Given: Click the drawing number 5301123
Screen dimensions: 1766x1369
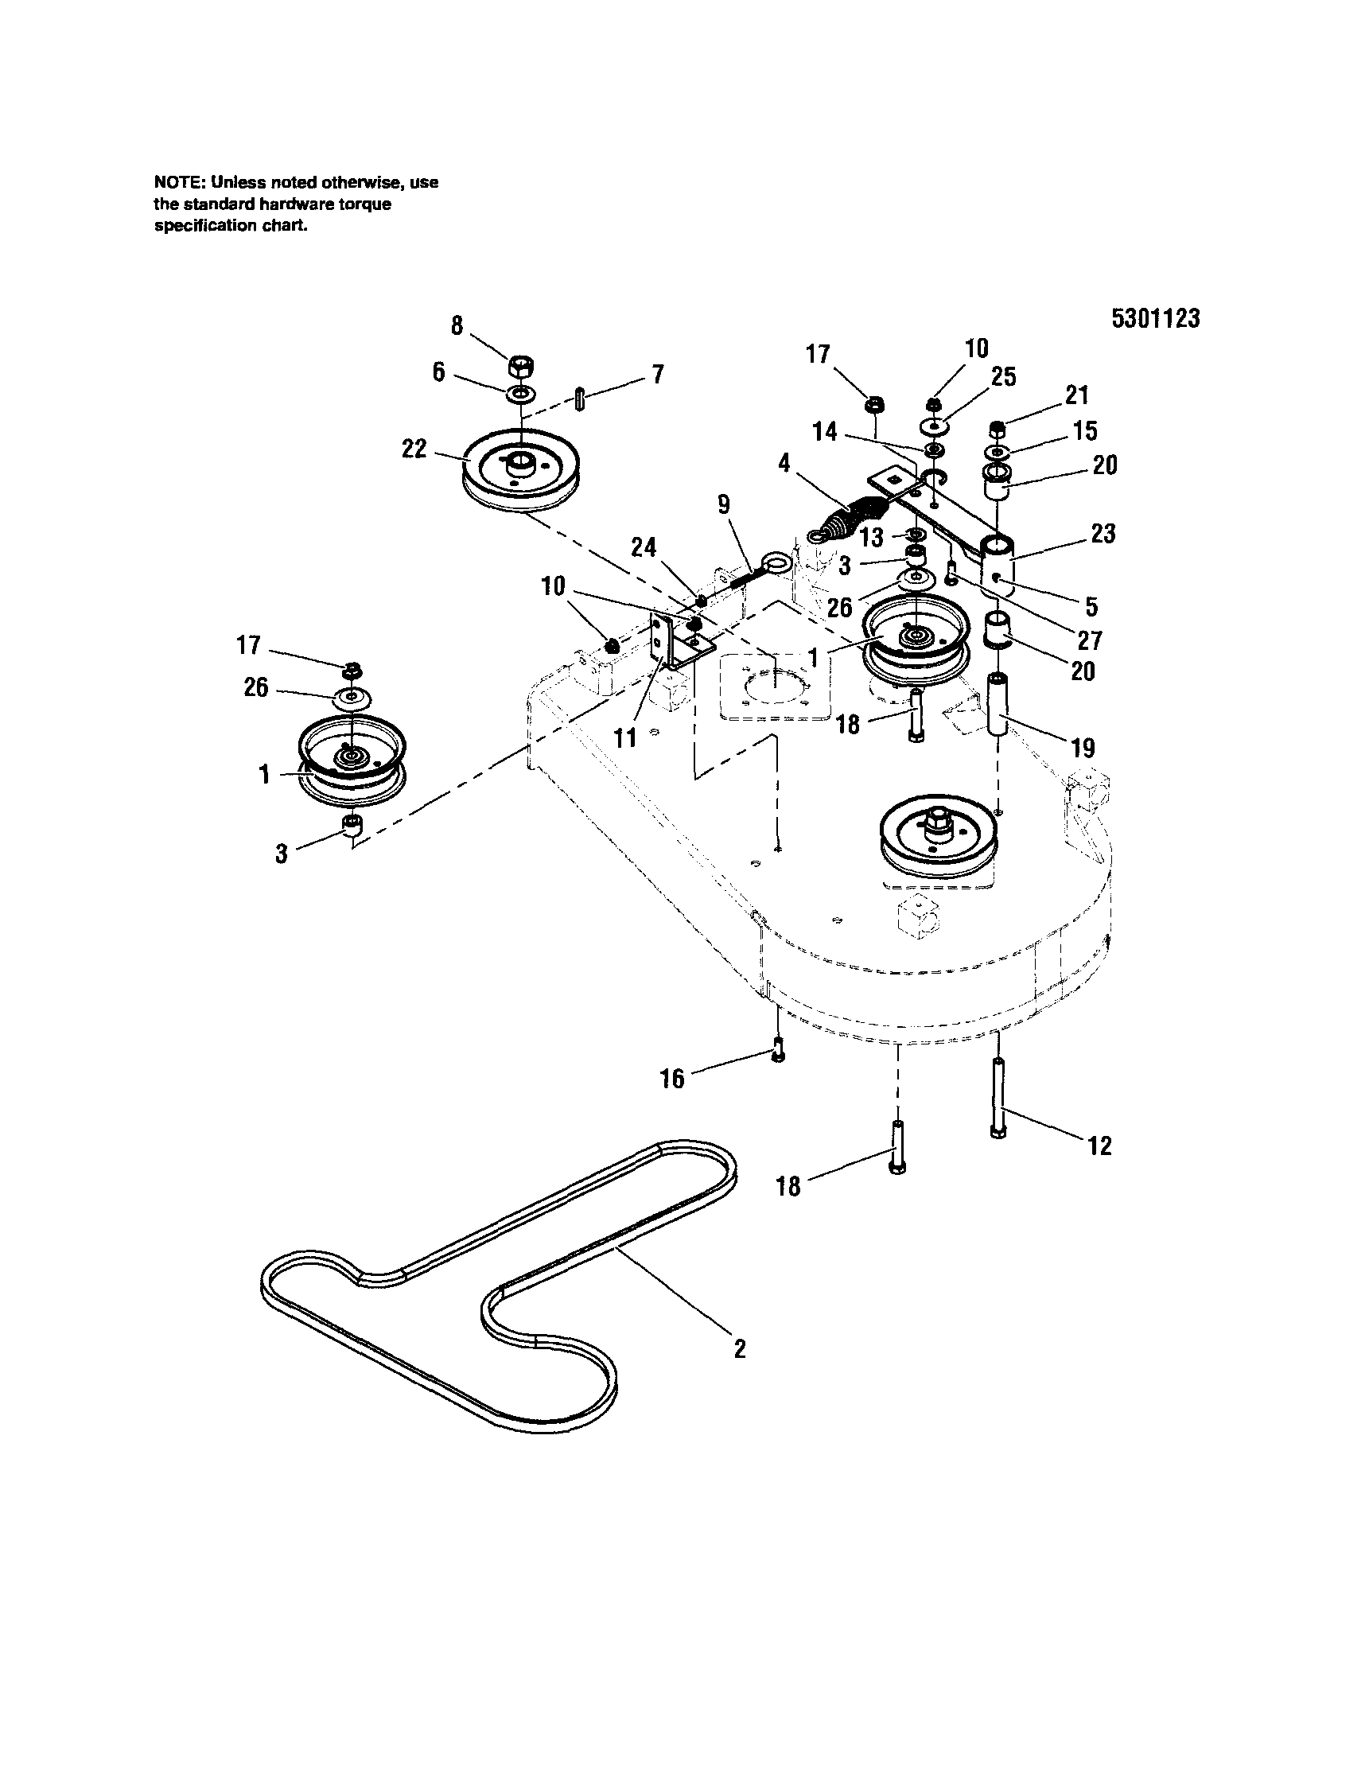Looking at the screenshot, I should pos(1155,318).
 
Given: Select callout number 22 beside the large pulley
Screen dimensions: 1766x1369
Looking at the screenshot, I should pos(414,449).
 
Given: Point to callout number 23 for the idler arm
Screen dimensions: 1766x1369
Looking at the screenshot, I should pos(1103,534).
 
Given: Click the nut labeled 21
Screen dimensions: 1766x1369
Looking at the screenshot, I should pos(998,429).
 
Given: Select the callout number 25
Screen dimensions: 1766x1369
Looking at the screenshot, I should pos(1003,378).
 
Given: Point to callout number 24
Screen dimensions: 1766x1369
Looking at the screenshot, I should pos(644,548).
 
